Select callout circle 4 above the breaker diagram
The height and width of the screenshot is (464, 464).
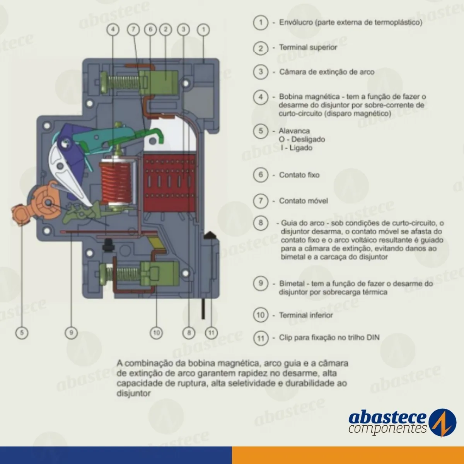pyautogui.click(x=113, y=29)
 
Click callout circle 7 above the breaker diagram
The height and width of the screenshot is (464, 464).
pyautogui.click(x=133, y=29)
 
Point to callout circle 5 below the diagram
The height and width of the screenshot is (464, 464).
pyautogui.click(x=22, y=333)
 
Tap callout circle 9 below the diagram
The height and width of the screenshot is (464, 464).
pyautogui.click(x=71, y=333)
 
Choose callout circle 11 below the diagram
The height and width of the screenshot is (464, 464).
pyautogui.click(x=211, y=333)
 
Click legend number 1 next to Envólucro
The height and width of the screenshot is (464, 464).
pyautogui.click(x=261, y=22)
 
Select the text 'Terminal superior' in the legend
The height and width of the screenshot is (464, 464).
pyautogui.click(x=308, y=48)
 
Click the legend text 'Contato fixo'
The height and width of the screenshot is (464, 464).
pyautogui.click(x=299, y=175)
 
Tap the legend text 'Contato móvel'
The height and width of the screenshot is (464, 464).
pyautogui.click(x=303, y=201)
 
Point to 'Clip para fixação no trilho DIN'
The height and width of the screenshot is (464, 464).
pyautogui.click(x=329, y=338)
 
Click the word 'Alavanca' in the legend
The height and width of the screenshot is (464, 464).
pyautogui.click(x=294, y=131)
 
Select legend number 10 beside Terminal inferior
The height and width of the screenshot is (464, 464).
pyautogui.click(x=261, y=315)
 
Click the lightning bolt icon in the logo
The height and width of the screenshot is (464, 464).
pyautogui.click(x=442, y=422)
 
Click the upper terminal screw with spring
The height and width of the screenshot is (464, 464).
pyautogui.click(x=124, y=82)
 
